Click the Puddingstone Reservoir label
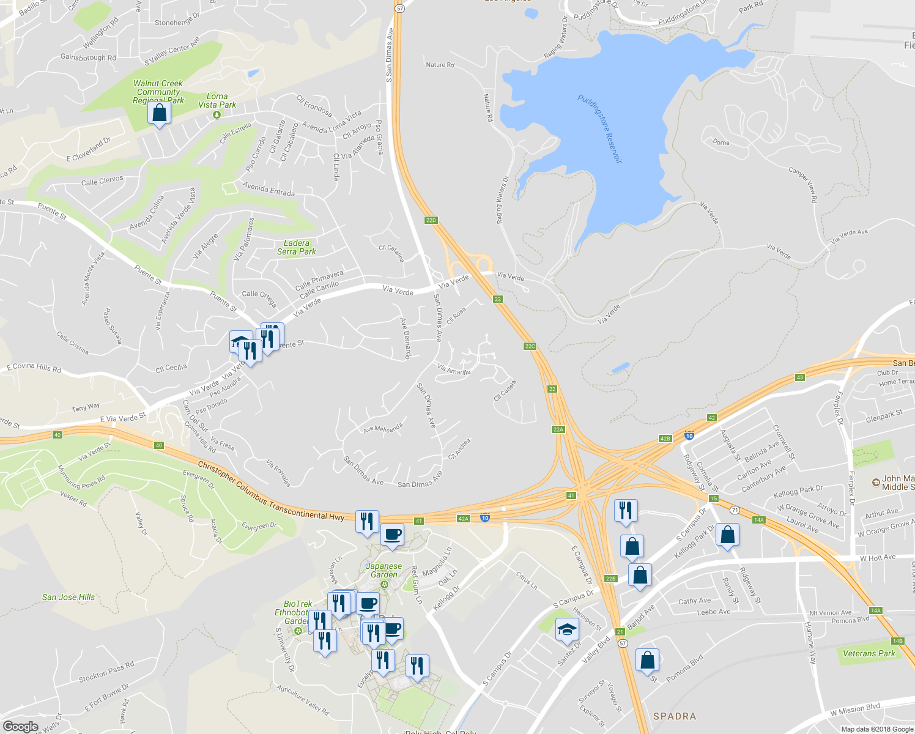(x=599, y=128)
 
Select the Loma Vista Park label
(x=217, y=101)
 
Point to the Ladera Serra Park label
(x=297, y=247)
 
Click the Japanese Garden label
(x=384, y=570)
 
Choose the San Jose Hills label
(x=69, y=597)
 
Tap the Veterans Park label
(x=869, y=653)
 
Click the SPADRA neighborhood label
(x=675, y=716)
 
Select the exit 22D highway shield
(x=431, y=220)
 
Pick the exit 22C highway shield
(x=530, y=346)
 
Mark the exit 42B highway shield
(x=665, y=439)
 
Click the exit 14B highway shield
(x=897, y=641)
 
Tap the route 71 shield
(x=735, y=510)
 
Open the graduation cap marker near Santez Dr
(x=567, y=629)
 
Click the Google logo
(x=21, y=726)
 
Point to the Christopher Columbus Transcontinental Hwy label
(x=271, y=491)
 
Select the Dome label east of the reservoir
(x=721, y=143)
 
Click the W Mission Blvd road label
(x=855, y=710)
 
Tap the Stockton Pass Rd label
(x=106, y=671)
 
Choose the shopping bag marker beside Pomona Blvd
(x=647, y=661)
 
